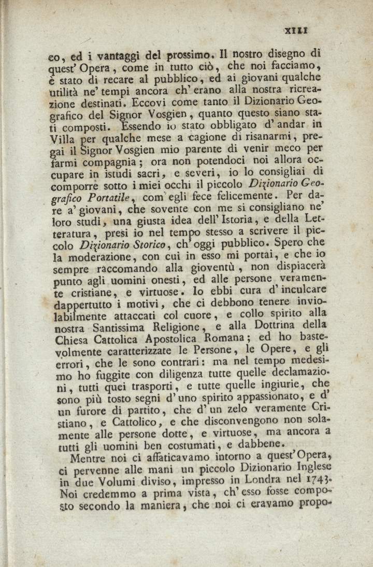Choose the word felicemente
point(245,197)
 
